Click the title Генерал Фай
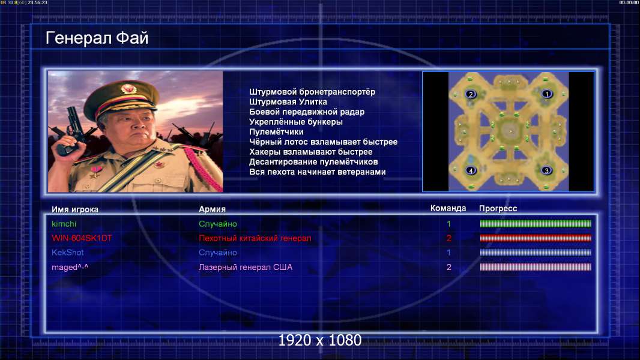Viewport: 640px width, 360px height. (97, 38)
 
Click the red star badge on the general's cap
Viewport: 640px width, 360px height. (128, 88)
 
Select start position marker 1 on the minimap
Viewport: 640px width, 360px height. (546, 94)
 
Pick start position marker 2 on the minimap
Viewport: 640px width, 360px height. (471, 94)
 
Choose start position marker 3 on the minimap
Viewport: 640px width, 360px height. (546, 170)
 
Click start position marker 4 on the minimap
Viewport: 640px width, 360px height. (471, 170)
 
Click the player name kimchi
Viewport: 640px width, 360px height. (64, 224)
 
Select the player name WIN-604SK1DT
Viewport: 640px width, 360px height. (82, 238)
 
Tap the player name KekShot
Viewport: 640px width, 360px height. (67, 253)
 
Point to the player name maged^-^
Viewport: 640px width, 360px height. (70, 267)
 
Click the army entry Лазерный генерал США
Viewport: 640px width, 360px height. (246, 267)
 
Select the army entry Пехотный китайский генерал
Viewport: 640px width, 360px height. (255, 238)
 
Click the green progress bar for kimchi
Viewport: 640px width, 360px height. (536, 223)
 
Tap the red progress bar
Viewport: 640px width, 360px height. (536, 238)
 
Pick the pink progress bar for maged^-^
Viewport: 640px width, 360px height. (536, 267)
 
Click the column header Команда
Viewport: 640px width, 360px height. (448, 208)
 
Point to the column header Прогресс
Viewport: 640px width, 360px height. (498, 208)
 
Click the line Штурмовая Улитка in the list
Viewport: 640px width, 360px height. (288, 102)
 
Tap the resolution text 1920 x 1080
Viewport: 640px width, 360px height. (320, 340)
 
